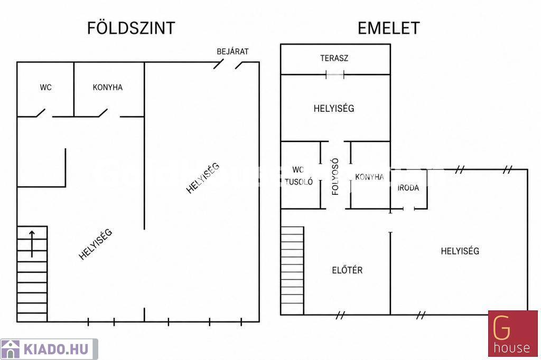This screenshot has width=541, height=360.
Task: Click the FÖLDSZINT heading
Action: [x=131, y=27]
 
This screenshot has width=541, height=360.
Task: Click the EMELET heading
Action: [x=388, y=28]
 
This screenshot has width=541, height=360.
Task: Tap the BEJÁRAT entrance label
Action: [x=232, y=51]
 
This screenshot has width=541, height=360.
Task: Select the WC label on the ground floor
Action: [x=45, y=87]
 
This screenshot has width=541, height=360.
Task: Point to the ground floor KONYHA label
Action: [x=108, y=87]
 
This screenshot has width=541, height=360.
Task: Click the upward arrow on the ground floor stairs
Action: [x=32, y=244]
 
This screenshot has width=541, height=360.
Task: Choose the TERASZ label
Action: [x=334, y=58]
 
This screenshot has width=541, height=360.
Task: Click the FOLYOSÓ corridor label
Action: [x=335, y=177]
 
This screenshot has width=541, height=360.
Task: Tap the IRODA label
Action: [x=408, y=188]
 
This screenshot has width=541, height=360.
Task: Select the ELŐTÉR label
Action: [x=347, y=270]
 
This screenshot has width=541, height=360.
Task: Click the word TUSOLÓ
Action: [x=299, y=182]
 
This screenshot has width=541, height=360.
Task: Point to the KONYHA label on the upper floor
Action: [x=369, y=177]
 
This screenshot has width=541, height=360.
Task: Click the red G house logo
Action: [x=512, y=334]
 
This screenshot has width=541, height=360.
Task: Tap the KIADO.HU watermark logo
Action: [x=49, y=349]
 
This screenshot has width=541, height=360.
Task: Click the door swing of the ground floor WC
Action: [x=41, y=113]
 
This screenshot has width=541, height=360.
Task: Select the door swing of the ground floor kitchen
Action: [x=103, y=113]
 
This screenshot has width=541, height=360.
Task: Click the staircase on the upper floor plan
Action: [x=292, y=271]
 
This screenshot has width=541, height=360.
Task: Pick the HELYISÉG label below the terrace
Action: [x=334, y=108]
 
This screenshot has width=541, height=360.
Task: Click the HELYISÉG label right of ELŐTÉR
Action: [x=460, y=251]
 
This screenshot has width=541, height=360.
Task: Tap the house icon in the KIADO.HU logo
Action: [x=11, y=349]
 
